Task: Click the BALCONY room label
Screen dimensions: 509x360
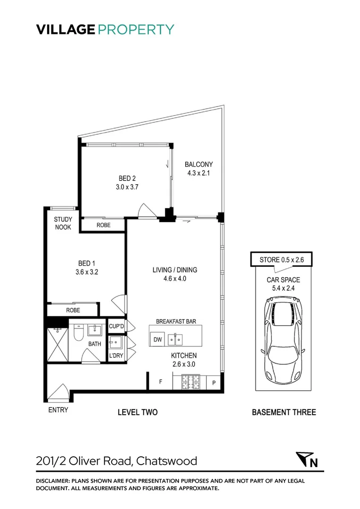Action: point(198,164)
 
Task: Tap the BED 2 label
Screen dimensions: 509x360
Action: point(127,178)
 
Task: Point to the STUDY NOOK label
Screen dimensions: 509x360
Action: point(63,223)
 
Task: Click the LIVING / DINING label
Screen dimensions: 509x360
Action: point(174,270)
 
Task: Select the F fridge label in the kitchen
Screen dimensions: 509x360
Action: point(160,382)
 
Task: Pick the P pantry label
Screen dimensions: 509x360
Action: point(213,383)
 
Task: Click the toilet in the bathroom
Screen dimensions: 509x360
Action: point(79,334)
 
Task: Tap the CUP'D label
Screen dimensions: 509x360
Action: point(117,326)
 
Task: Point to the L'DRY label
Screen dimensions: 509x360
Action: point(116,356)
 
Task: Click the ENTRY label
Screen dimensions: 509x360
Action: point(58,410)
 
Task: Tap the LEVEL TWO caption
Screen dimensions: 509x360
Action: point(138,412)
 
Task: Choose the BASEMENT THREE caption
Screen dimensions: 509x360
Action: point(284,412)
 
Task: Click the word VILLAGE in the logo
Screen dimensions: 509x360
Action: point(65,29)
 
